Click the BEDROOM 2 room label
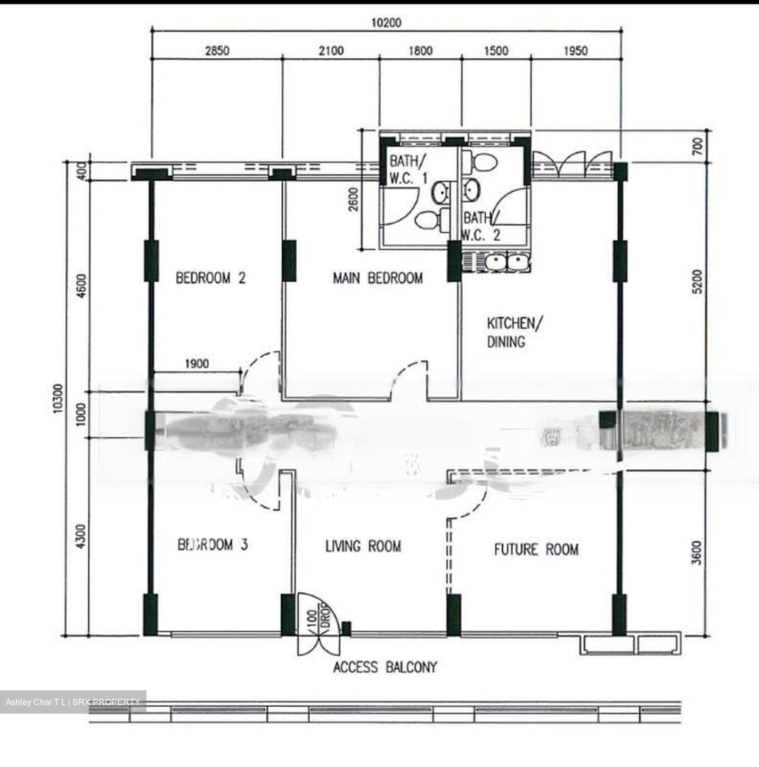(x=210, y=278)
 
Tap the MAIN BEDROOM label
(x=378, y=278)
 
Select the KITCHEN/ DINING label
(x=515, y=332)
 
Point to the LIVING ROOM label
(x=363, y=546)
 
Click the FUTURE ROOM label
(x=536, y=549)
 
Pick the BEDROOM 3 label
(x=213, y=544)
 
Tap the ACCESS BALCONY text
(x=385, y=667)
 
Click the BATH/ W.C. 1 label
(x=408, y=169)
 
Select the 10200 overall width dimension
(x=386, y=22)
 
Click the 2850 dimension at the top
(x=217, y=51)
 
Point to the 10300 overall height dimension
(x=58, y=397)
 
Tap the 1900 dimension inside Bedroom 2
(x=197, y=364)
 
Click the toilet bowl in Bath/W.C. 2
(x=483, y=162)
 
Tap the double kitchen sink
(x=508, y=263)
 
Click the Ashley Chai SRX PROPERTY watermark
(x=73, y=702)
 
